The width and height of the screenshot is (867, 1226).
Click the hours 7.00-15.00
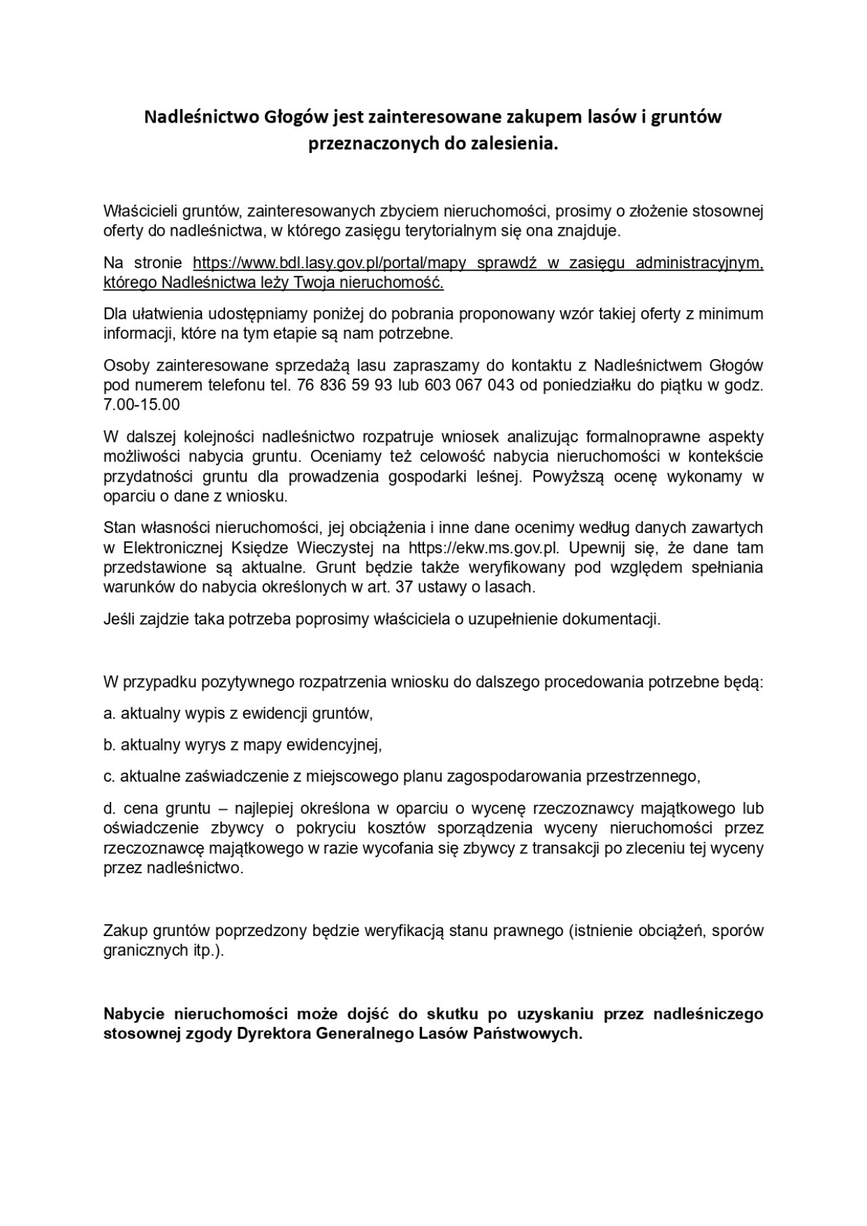(x=142, y=404)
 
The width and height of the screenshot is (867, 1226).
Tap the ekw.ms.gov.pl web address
(x=483, y=547)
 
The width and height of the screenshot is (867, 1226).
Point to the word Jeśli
(x=119, y=619)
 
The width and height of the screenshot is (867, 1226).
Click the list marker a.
(x=109, y=713)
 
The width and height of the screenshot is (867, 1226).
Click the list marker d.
(x=109, y=808)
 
